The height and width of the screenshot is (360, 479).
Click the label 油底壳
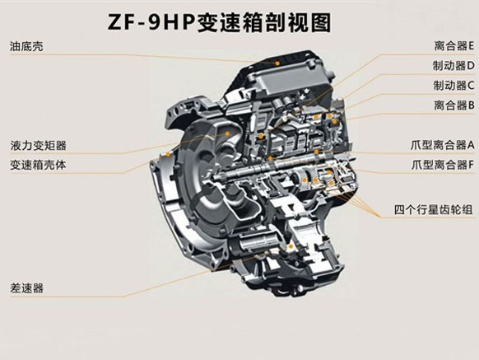pyautogui.click(x=26, y=46)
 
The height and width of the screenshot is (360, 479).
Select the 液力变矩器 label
pyautogui.click(x=38, y=145)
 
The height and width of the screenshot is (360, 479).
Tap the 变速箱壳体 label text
pyautogui.click(x=38, y=165)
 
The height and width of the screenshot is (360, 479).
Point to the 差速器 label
pyautogui.click(x=26, y=288)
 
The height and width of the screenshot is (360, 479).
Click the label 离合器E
pyautogui.click(x=454, y=46)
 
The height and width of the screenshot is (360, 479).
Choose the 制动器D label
pyautogui.click(x=453, y=65)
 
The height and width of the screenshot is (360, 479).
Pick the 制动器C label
pyautogui.click(x=453, y=86)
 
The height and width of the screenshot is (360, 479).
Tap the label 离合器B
pyautogui.click(x=454, y=105)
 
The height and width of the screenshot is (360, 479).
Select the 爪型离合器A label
pyautogui.click(x=443, y=145)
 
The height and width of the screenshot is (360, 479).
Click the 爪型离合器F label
pyautogui.click(x=443, y=165)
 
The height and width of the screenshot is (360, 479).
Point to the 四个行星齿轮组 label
pyautogui.click(x=434, y=210)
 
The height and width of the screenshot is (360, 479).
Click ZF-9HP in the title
pyautogui.click(x=151, y=23)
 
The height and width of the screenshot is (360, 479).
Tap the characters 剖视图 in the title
pyautogui.click(x=299, y=23)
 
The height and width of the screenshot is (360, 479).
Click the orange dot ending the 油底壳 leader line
pyautogui.click(x=277, y=63)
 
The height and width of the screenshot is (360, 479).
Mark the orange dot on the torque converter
pyautogui.click(x=227, y=133)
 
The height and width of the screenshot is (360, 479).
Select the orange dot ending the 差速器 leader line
pyautogui.click(x=291, y=246)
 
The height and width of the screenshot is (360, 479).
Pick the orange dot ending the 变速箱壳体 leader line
pyautogui.click(x=168, y=154)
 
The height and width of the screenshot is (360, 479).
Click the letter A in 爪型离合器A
pyautogui.click(x=471, y=145)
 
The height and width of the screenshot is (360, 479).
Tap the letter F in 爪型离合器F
pyautogui.click(x=471, y=165)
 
